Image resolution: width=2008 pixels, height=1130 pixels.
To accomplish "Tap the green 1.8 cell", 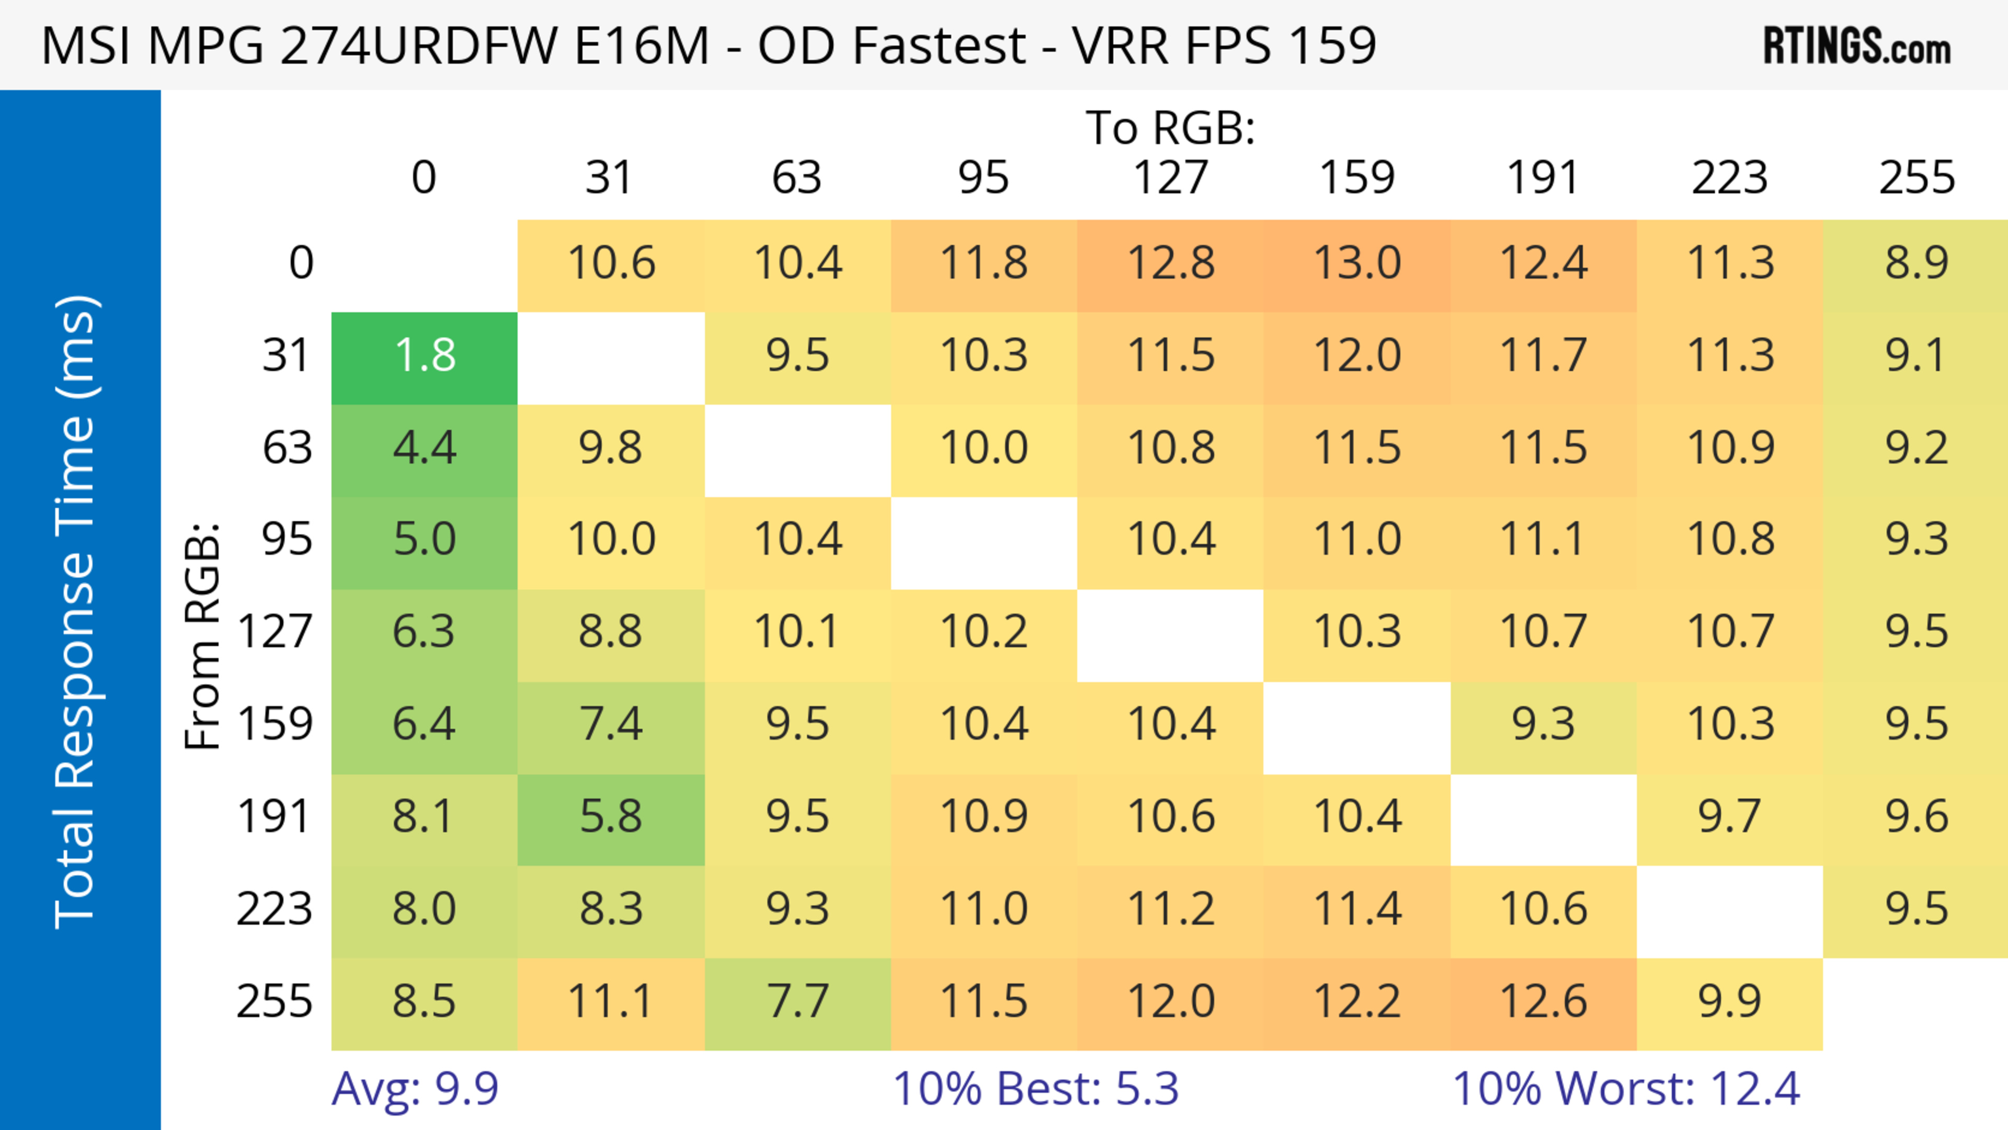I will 424,356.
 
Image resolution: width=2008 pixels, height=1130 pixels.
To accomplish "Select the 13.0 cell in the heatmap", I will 1357,264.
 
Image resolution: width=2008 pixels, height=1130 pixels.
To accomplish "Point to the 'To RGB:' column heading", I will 1170,128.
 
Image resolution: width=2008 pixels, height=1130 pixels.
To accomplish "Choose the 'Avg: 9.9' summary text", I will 415,1089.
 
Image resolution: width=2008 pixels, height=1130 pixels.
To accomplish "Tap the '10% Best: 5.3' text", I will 1035,1089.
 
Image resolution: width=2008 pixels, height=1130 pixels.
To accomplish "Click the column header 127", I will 1170,178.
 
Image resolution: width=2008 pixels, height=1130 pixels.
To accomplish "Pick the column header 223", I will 1730,178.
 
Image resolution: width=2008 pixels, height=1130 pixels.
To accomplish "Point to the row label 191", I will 275,817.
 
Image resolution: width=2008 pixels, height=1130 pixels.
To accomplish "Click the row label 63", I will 287,448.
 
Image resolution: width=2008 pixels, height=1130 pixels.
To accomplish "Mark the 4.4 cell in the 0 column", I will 424,448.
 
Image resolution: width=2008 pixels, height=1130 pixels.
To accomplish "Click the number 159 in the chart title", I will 1332,45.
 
